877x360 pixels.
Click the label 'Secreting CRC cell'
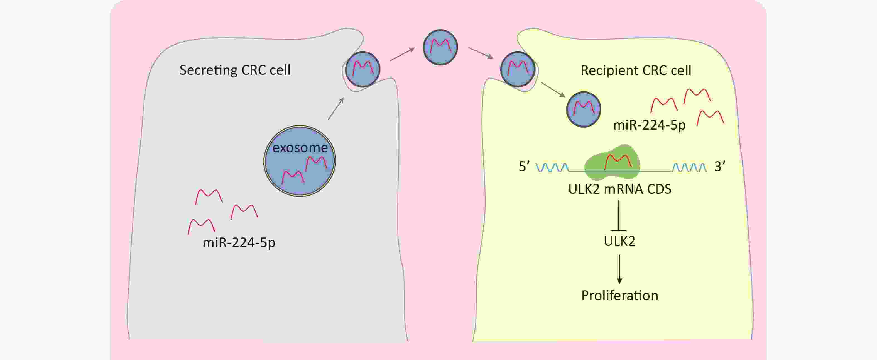[x=235, y=70]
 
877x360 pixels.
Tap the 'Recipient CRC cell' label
[x=636, y=70]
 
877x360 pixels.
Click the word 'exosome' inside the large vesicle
[x=300, y=148]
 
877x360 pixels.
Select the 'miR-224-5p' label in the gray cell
[x=239, y=242]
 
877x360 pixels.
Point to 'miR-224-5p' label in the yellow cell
[x=649, y=125]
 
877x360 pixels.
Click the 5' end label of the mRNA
[x=524, y=167]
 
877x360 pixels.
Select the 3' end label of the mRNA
[x=719, y=167]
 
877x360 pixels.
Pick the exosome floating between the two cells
[x=440, y=47]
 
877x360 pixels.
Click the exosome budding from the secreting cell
[x=362, y=69]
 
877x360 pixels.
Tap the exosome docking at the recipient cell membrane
[x=518, y=69]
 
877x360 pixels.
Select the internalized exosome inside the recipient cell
[x=584, y=109]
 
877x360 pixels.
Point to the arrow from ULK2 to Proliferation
[x=619, y=269]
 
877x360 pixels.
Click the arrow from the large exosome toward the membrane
[x=336, y=109]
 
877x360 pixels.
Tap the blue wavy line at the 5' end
[x=552, y=167]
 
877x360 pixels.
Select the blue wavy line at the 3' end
[x=690, y=167]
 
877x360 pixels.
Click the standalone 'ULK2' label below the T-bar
[x=619, y=241]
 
